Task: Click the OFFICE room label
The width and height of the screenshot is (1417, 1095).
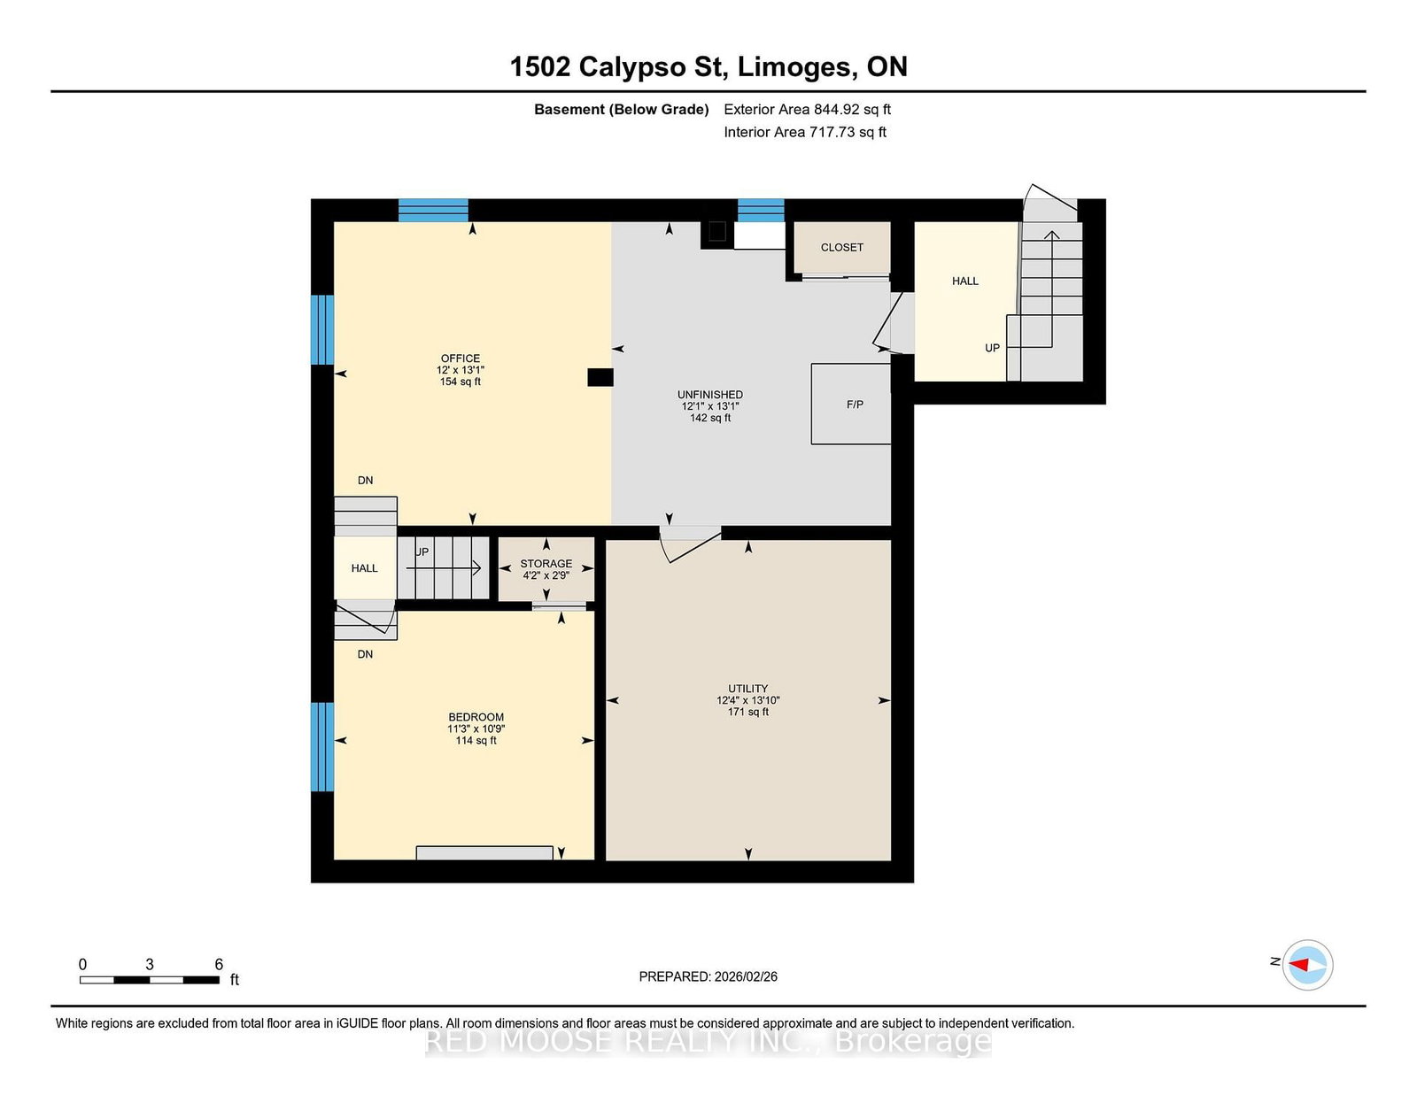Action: click(x=461, y=359)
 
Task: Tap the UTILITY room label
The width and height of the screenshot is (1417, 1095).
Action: click(x=748, y=689)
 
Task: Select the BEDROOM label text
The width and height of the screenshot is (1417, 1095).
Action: click(x=476, y=717)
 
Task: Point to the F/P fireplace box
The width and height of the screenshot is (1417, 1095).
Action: click(x=851, y=405)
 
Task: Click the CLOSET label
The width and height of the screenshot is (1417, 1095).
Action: click(x=842, y=248)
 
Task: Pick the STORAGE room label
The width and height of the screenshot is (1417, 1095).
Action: click(x=546, y=564)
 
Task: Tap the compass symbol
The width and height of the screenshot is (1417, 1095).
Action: click(x=1307, y=965)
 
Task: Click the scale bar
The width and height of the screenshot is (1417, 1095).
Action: click(x=150, y=980)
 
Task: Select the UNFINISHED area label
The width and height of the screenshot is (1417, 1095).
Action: click(x=710, y=394)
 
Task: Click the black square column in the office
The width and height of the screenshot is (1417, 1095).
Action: click(x=600, y=377)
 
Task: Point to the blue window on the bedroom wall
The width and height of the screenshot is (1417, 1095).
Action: click(x=322, y=747)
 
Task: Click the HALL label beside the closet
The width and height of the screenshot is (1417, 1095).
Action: click(x=965, y=281)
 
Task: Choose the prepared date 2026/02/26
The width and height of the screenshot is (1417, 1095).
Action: click(x=746, y=976)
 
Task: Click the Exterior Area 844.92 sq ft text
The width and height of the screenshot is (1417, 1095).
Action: click(x=808, y=110)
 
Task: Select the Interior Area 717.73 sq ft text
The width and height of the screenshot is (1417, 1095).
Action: click(x=805, y=132)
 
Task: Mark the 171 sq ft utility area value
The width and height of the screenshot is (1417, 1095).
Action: click(x=748, y=712)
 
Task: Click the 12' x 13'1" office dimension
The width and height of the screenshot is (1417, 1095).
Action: click(x=461, y=370)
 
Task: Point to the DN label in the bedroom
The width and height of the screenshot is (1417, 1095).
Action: click(x=365, y=654)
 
